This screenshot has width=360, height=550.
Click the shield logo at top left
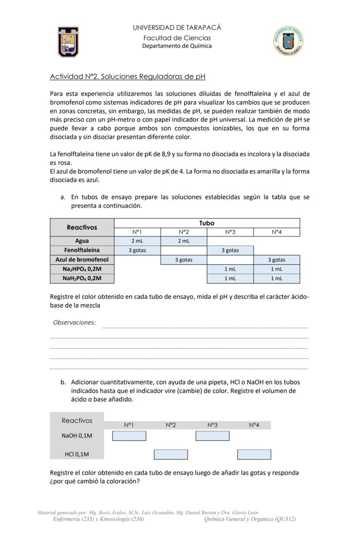pyautogui.click(x=68, y=42)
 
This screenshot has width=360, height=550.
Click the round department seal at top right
pyautogui.click(x=288, y=41)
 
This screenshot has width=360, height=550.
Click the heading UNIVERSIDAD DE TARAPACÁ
pyautogui.click(x=177, y=27)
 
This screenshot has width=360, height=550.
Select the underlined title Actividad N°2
pyautogui.click(x=127, y=77)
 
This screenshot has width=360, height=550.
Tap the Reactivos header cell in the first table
pyautogui.click(x=82, y=227)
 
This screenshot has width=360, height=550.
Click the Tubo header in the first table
pyautogui.click(x=207, y=223)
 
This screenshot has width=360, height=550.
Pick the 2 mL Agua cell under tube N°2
pyautogui.click(x=183, y=241)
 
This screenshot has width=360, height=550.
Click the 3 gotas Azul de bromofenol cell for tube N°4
pyautogui.click(x=276, y=260)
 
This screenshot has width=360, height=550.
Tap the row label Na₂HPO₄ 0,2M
pyautogui.click(x=82, y=269)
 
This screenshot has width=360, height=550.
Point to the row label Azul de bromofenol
pyautogui.click(x=82, y=260)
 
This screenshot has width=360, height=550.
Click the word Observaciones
pyautogui.click(x=74, y=322)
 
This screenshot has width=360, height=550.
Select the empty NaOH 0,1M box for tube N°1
pyautogui.click(x=129, y=436)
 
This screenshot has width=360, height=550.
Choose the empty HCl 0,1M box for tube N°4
pyautogui.click(x=254, y=455)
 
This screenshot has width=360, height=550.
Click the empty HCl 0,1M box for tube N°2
pyautogui.click(x=171, y=455)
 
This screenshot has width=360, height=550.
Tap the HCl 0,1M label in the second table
pyautogui.click(x=77, y=454)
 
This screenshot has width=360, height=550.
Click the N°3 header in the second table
pyautogui.click(x=212, y=425)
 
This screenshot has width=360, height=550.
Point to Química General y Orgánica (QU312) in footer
pyautogui.click(x=250, y=519)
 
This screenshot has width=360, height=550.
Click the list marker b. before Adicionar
pyautogui.click(x=63, y=382)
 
